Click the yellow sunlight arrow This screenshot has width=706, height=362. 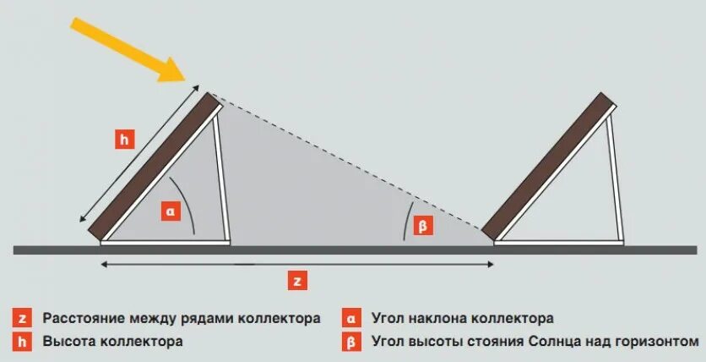tap(127, 49)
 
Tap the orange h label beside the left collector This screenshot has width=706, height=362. tap(124, 140)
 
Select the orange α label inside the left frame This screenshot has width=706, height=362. tap(170, 211)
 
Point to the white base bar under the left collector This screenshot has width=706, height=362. tap(166, 242)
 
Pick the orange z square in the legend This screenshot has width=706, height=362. tap(23, 319)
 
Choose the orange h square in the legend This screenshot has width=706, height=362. tap(23, 343)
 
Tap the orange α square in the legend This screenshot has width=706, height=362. tap(350, 319)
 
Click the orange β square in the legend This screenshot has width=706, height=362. tap(350, 343)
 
